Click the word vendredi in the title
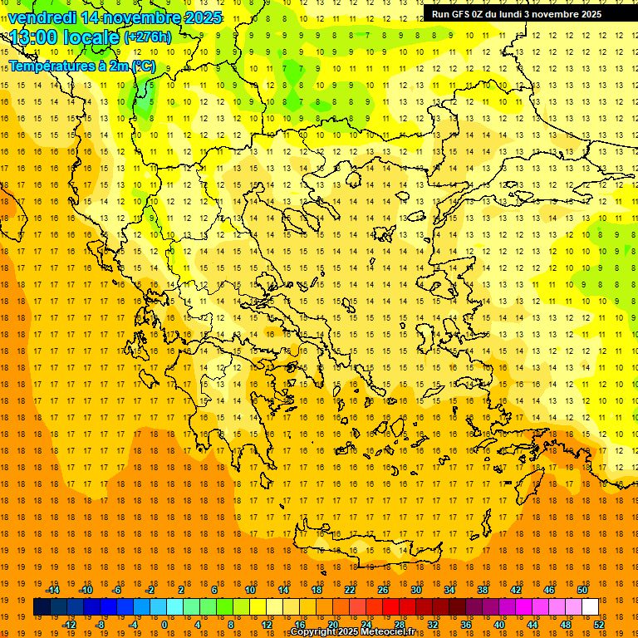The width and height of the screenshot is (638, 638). [42, 17]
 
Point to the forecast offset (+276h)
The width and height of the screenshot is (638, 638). [147, 37]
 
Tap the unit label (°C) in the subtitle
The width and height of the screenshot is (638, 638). [143, 66]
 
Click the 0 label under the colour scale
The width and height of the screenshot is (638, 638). [164, 625]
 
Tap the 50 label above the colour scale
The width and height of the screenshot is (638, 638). [582, 590]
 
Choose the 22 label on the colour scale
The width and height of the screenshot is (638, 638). [350, 590]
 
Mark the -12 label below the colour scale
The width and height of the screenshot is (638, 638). [69, 625]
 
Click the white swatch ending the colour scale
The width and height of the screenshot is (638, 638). [590, 607]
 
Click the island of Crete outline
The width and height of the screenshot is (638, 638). [366, 548]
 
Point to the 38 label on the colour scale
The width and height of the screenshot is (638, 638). [483, 590]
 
